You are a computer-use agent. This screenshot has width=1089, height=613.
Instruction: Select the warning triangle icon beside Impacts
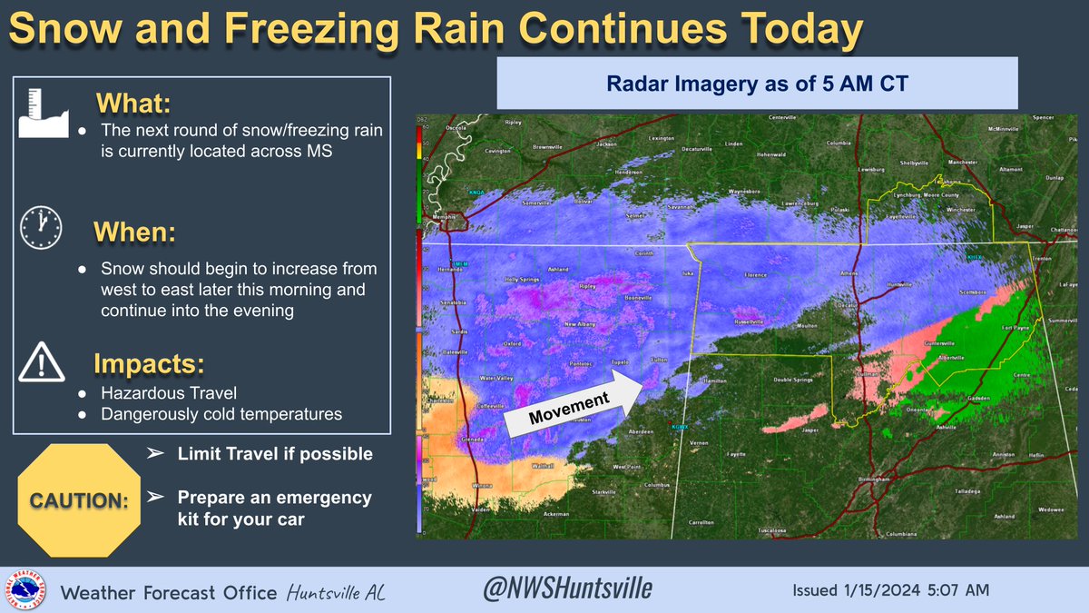[40, 363]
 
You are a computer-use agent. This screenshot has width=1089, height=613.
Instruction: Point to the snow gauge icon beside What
[41, 114]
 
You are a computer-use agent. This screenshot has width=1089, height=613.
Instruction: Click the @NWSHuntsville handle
[566, 589]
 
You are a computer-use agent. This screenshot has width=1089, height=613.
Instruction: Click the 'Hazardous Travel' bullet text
[159, 392]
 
